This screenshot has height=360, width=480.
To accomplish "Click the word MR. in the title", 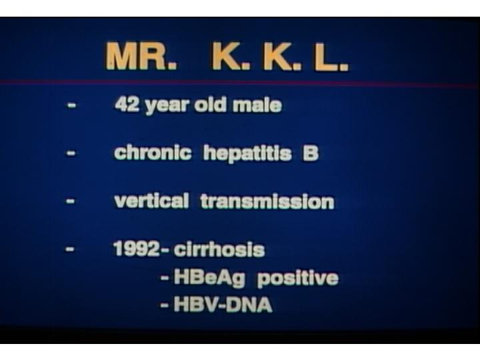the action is [141, 57].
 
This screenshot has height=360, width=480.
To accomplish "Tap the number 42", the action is [127, 105].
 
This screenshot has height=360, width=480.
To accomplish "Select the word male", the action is [257, 105].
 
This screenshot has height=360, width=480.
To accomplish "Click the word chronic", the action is [153, 152].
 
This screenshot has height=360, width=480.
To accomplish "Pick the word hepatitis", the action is [247, 153].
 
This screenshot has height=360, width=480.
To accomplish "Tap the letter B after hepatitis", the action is [311, 153].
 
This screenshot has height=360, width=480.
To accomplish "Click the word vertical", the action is [151, 201].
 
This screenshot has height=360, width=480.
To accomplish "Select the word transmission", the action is [267, 201].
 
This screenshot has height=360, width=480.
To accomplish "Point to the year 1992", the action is [137, 249].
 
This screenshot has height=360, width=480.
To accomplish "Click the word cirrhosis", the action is [219, 249].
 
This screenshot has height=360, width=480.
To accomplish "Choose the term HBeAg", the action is [209, 278].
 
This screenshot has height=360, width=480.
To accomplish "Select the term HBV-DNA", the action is [223, 304].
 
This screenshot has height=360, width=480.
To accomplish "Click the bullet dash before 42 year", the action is [71, 105].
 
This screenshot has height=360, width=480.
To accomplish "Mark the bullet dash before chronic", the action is [71, 153].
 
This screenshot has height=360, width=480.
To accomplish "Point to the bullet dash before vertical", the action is [71, 201].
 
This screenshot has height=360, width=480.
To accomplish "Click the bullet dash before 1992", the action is [70, 249].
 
